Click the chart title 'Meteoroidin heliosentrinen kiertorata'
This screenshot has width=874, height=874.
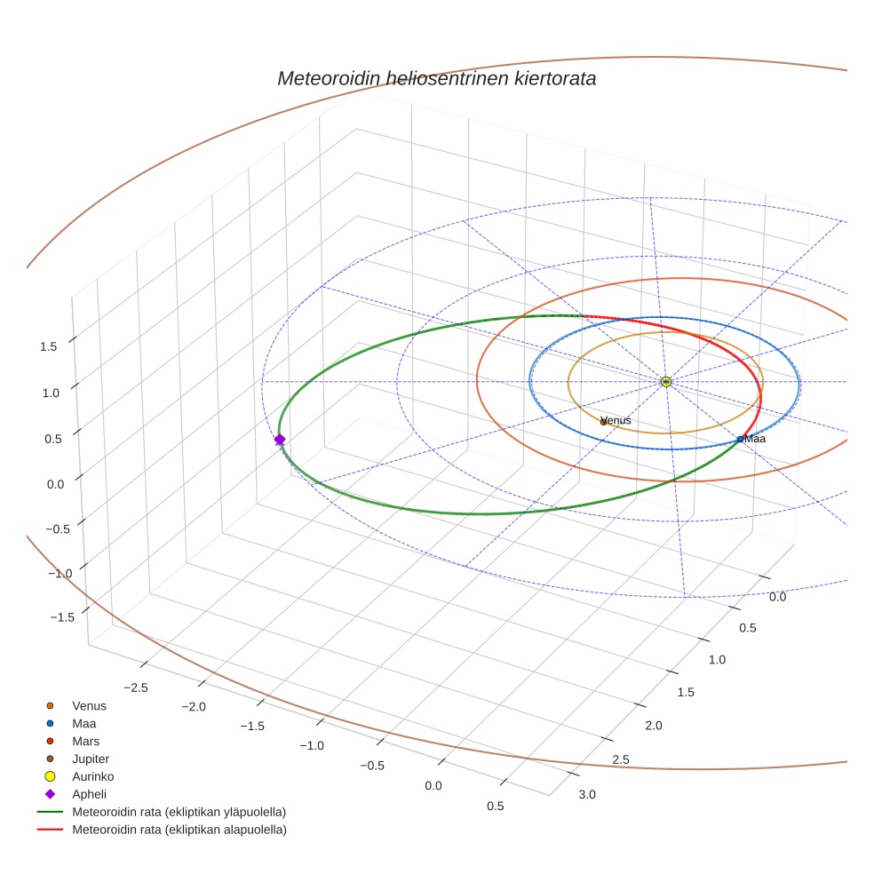pyautogui.click(x=436, y=78)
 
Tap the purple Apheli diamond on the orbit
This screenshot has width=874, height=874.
pyautogui.click(x=280, y=440)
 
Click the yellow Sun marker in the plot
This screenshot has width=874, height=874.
pyautogui.click(x=666, y=382)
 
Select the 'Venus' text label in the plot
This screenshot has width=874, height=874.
pyautogui.click(x=616, y=420)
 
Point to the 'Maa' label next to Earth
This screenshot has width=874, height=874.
pyautogui.click(x=755, y=439)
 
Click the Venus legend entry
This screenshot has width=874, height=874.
pyautogui.click(x=89, y=706)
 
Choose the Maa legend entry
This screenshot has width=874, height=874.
pyautogui.click(x=84, y=724)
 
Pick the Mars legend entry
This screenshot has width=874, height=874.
pyautogui.click(x=86, y=741)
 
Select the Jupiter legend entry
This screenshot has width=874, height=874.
pyautogui.click(x=91, y=759)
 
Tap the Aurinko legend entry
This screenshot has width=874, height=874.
pyautogui.click(x=93, y=776)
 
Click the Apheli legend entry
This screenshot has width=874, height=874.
pyautogui.click(x=89, y=794)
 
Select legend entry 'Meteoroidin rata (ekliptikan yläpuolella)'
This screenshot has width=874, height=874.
pyautogui.click(x=179, y=812)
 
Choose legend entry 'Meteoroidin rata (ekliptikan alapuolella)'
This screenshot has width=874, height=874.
pyautogui.click(x=179, y=830)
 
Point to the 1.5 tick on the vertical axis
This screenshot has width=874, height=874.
pyautogui.click(x=49, y=346)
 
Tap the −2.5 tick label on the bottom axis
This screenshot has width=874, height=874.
pyautogui.click(x=135, y=687)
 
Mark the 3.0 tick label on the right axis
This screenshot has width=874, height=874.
pyautogui.click(x=586, y=794)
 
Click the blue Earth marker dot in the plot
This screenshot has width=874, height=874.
pyautogui.click(x=740, y=439)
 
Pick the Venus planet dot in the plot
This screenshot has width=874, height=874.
pyautogui.click(x=604, y=422)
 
